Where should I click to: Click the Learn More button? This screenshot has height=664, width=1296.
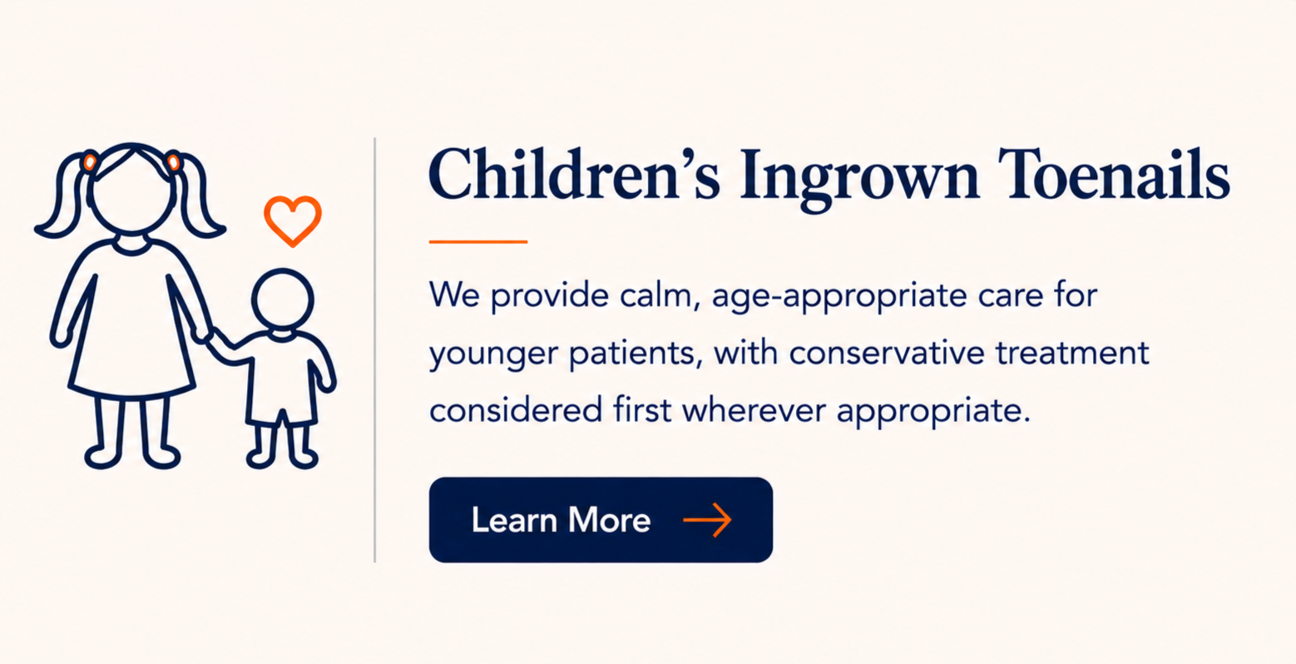601,519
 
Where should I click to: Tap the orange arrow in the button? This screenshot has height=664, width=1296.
707,519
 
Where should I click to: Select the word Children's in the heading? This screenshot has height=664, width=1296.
573,174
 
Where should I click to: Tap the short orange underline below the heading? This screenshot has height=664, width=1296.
478,241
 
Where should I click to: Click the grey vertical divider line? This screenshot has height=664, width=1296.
375,349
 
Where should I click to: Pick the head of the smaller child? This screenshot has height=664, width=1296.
282,300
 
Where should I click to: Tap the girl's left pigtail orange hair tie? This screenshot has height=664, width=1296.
89,161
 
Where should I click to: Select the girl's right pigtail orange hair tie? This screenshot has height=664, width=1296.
174,161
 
